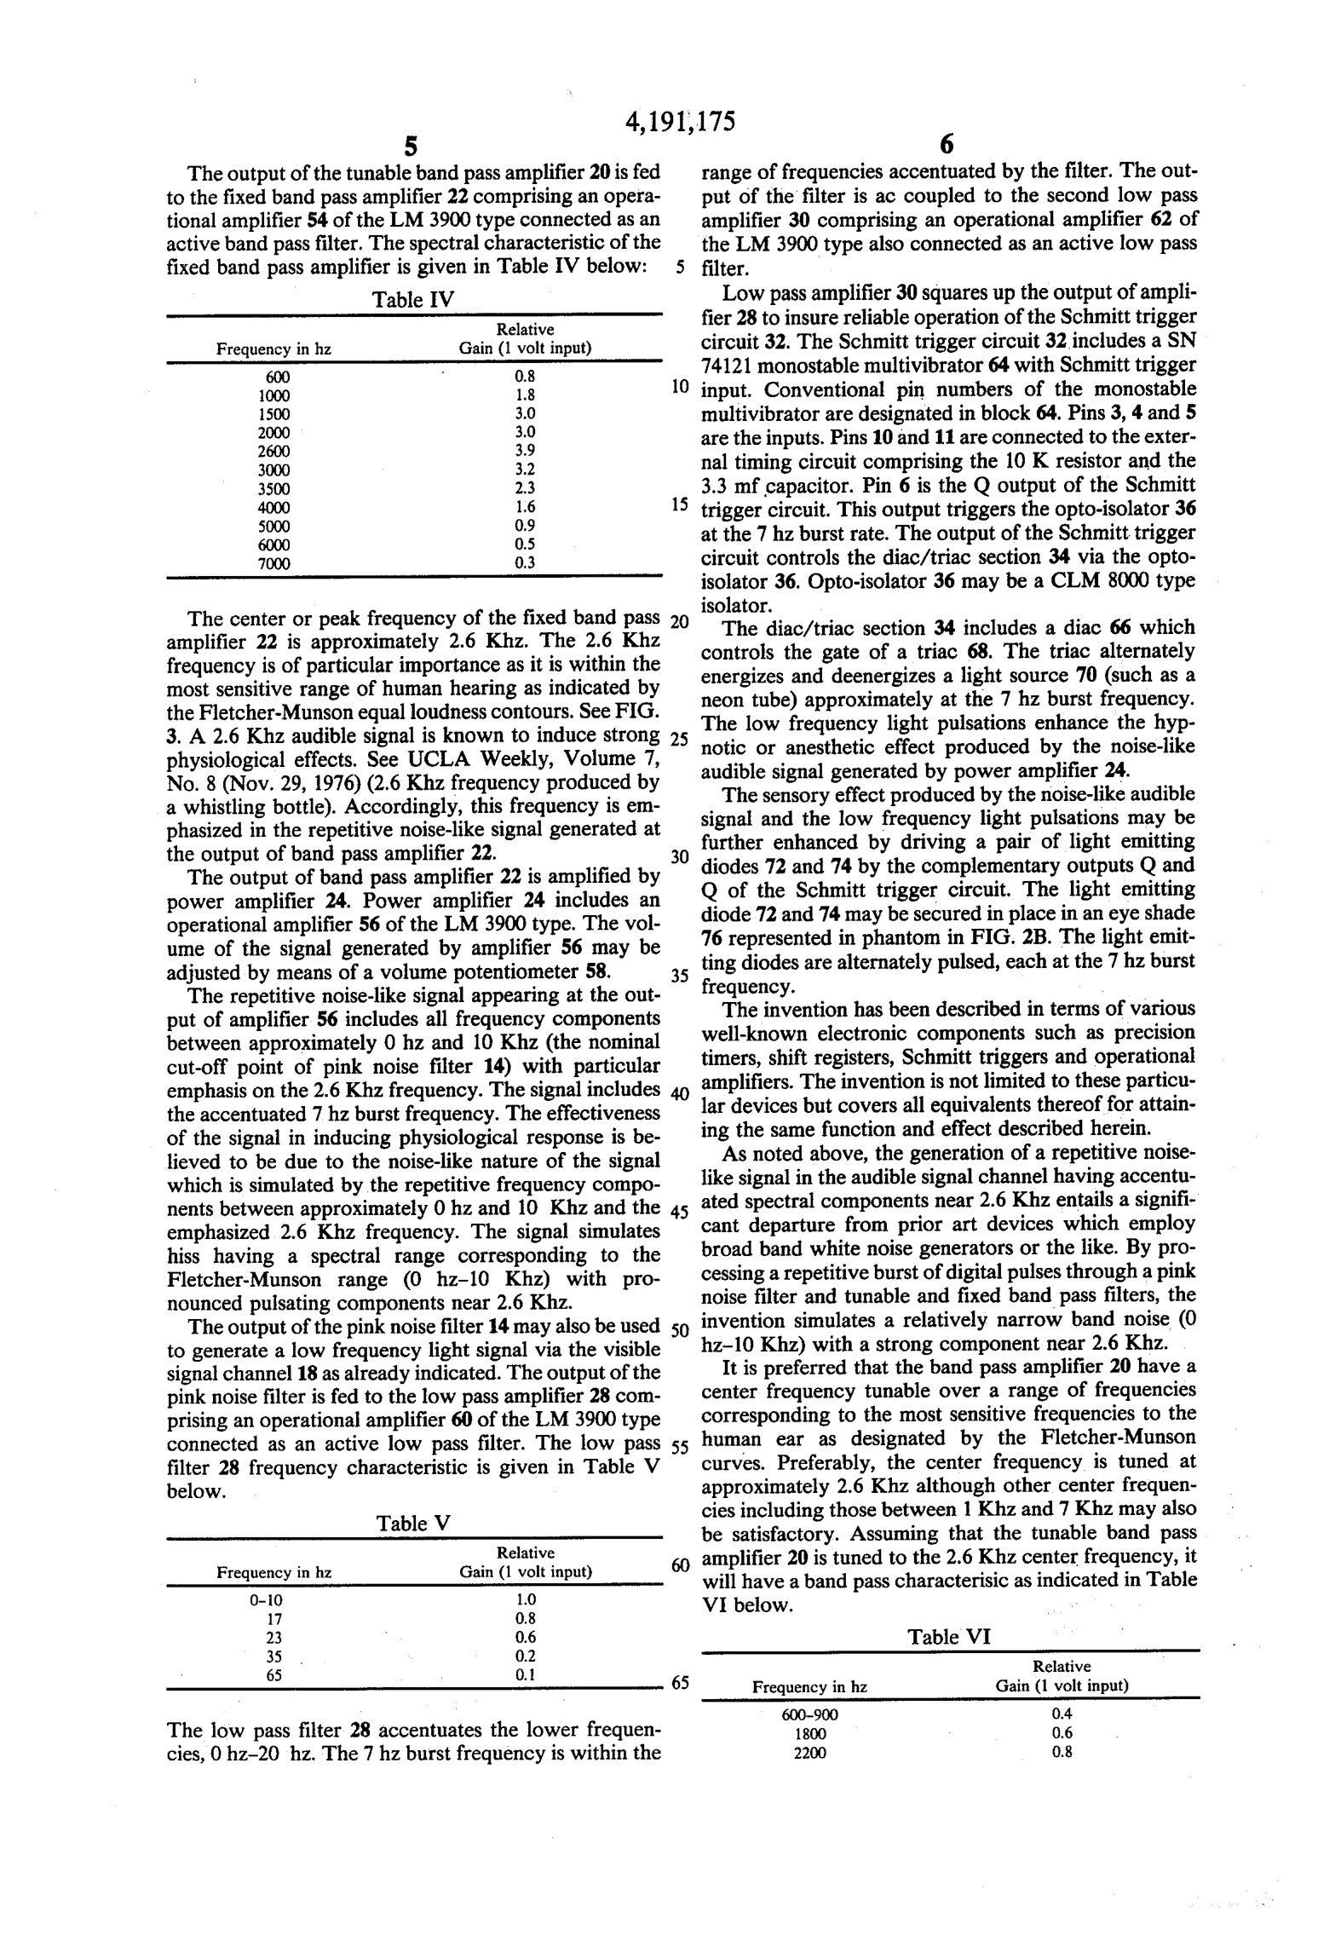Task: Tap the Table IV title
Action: [x=413, y=300]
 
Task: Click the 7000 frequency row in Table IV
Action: [x=273, y=563]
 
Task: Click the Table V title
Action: [x=413, y=1523]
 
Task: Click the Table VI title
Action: [x=949, y=1636]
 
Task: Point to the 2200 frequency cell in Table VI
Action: [x=809, y=1753]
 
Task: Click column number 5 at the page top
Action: [x=411, y=147]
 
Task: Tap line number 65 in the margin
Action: [x=679, y=1683]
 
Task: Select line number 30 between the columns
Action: [x=679, y=857]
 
